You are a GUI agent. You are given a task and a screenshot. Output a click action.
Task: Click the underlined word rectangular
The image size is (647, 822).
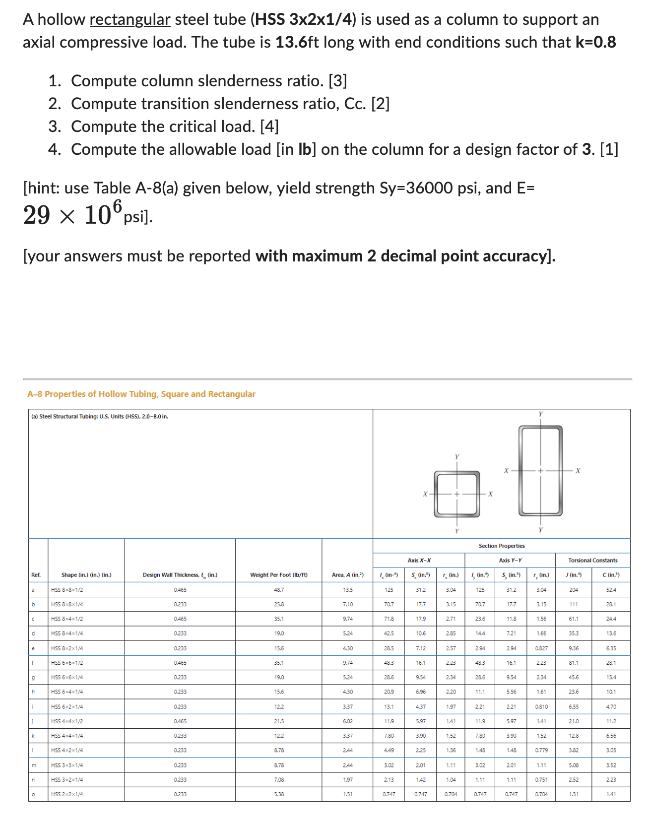pyautogui.click(x=130, y=20)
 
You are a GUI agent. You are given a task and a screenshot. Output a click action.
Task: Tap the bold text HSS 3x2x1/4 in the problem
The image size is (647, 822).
pyautogui.click(x=305, y=20)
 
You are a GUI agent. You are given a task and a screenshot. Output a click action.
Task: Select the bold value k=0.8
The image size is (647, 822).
pyautogui.click(x=595, y=43)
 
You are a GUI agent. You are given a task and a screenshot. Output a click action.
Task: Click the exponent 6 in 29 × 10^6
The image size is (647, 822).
pyautogui.click(x=117, y=205)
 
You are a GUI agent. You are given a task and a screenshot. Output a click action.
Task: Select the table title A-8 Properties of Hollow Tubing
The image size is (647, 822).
pyautogui.click(x=141, y=394)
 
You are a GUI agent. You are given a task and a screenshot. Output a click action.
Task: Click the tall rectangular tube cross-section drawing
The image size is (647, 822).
pyautogui.click(x=540, y=470)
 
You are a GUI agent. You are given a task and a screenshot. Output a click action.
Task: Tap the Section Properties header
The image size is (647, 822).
pyautogui.click(x=501, y=546)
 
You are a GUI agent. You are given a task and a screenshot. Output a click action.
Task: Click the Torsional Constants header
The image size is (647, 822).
pyautogui.click(x=592, y=561)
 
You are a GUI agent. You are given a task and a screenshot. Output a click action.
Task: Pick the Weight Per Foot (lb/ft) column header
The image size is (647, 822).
pyautogui.click(x=278, y=575)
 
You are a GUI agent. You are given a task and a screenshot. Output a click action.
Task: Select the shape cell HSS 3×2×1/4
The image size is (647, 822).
pyautogui.click(x=67, y=779)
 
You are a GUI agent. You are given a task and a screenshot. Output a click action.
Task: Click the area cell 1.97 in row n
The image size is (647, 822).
pyautogui.click(x=348, y=779)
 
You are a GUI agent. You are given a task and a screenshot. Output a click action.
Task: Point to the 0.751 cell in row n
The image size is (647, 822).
pyautogui.click(x=541, y=779)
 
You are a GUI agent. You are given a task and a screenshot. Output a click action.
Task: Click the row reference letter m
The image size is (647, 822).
pyautogui.click(x=33, y=765)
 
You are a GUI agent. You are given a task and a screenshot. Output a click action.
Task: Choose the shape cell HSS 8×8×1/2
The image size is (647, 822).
pyautogui.click(x=67, y=590)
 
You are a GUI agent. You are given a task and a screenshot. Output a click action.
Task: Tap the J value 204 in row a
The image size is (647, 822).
pyautogui.click(x=573, y=590)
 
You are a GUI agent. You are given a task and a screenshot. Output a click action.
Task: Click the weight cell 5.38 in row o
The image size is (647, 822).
pyautogui.click(x=278, y=794)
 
